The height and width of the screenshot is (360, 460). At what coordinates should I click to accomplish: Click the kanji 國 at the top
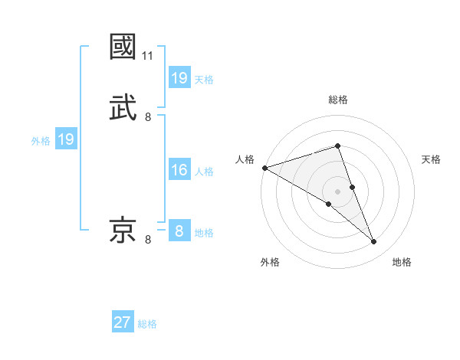[x=123, y=47]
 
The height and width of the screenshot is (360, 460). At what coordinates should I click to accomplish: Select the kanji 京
[x=123, y=231]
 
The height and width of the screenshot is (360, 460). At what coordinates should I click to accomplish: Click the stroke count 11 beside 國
[x=148, y=56]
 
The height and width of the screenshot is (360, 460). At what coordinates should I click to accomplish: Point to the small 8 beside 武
[x=148, y=117]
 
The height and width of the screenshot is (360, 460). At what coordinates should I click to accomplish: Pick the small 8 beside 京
[x=148, y=240]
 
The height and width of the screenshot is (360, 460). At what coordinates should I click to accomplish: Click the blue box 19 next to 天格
[x=179, y=78]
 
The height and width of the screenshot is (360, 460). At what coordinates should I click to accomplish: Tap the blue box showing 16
[x=179, y=170]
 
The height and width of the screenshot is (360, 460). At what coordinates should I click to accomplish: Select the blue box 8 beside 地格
[x=179, y=231]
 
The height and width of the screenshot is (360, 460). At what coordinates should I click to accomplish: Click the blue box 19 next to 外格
[x=65, y=139]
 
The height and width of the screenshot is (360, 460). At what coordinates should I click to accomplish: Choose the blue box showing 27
[x=123, y=322]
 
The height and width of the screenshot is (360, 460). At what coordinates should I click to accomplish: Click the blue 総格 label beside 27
[x=147, y=324]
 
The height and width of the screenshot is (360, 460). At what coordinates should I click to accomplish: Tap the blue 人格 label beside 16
[x=204, y=172]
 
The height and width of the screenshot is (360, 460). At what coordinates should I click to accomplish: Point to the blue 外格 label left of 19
[x=41, y=141]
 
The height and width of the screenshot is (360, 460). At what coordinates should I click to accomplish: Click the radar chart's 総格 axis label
[x=338, y=100]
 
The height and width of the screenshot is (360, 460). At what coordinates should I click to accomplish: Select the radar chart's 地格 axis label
[x=402, y=263]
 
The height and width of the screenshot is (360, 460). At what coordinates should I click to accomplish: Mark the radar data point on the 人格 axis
[x=264, y=168]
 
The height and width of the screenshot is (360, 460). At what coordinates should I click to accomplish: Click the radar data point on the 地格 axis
[x=374, y=242]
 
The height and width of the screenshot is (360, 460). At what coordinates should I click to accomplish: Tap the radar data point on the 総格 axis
[x=338, y=146]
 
